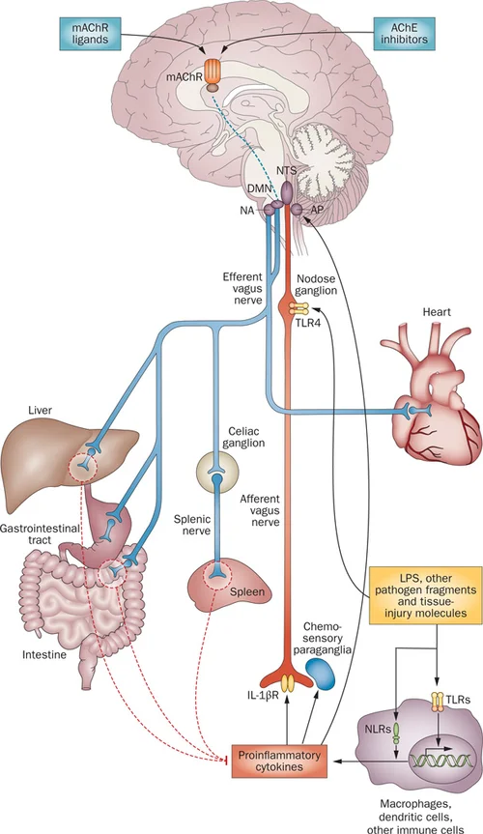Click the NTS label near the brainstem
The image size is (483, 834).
[x=287, y=171]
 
